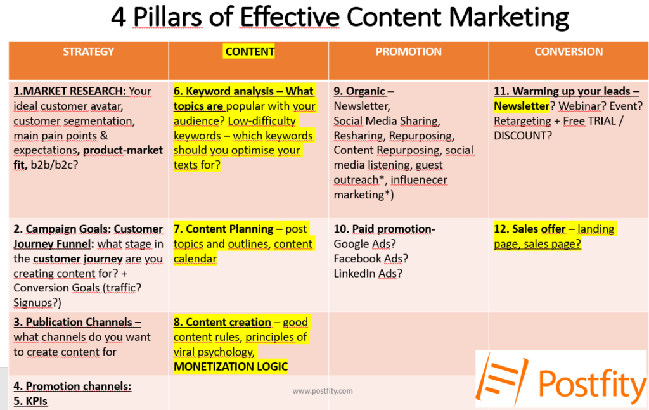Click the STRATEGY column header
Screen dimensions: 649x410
pyautogui.click(x=88, y=51)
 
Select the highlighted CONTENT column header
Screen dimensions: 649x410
pyautogui.click(x=250, y=51)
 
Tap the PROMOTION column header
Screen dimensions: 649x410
pyautogui.click(x=409, y=51)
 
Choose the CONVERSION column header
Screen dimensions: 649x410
pyautogui.click(x=569, y=51)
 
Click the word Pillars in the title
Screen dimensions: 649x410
pyautogui.click(x=167, y=17)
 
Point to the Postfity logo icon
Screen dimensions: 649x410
pyautogui.click(x=502, y=378)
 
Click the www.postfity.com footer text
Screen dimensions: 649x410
pyautogui.click(x=323, y=390)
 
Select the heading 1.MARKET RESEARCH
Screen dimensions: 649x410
pyautogui.click(x=70, y=91)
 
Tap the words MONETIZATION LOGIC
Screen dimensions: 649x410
pyautogui.click(x=231, y=366)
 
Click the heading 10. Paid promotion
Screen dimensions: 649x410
pyautogui.click(x=384, y=229)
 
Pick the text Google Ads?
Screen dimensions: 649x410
pyautogui.click(x=364, y=244)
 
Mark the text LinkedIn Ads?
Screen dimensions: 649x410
pyautogui.click(x=368, y=274)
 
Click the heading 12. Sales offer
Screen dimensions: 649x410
pyautogui.click(x=529, y=229)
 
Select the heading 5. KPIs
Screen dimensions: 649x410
pyautogui.click(x=30, y=401)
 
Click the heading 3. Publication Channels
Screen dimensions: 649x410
pyautogui.click(x=77, y=322)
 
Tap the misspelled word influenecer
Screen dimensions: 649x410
pyautogui.click(x=419, y=180)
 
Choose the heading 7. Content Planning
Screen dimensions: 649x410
pyautogui.click(x=228, y=229)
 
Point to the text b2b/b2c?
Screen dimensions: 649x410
pyautogui.click(x=55, y=165)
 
